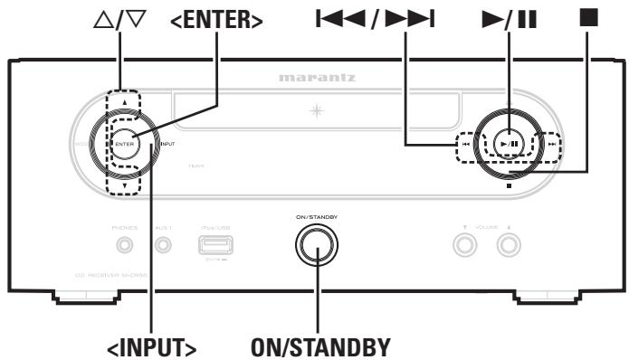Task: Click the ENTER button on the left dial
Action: click(124, 143)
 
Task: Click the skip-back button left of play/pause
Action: click(464, 143)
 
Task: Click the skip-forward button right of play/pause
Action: click(549, 143)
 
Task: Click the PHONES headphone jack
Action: click(126, 244)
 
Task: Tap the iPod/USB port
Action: click(214, 244)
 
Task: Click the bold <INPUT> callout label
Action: click(153, 345)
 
